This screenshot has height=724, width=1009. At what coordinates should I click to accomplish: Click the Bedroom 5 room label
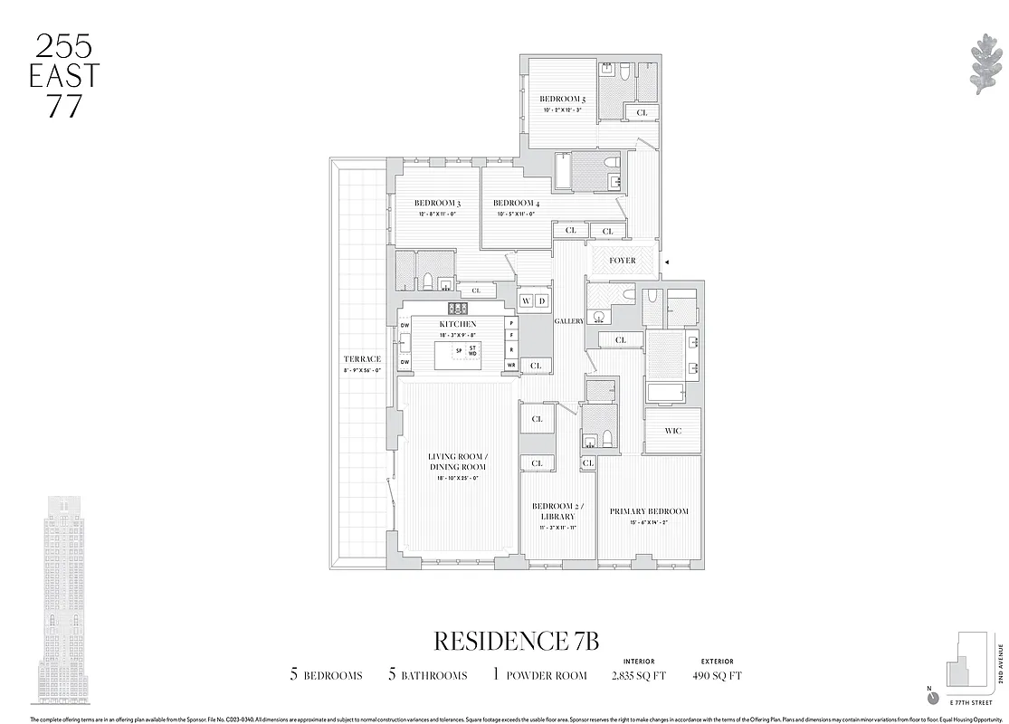pos(562,99)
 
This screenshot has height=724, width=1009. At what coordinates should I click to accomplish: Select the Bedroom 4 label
pos(514,203)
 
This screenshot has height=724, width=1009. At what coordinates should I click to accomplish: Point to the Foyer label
pos(622,261)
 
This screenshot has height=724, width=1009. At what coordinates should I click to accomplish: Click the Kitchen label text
pos(457,324)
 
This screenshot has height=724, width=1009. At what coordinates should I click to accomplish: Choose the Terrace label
pos(362,359)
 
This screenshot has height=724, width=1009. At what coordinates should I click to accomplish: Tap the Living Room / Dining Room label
pos(457,461)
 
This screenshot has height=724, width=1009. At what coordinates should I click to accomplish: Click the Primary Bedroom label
pos(648,511)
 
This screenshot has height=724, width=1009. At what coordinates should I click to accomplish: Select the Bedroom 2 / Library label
pos(558,510)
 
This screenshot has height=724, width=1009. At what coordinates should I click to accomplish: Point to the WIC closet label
pos(672,432)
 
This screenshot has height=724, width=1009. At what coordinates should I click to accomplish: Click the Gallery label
pos(570,321)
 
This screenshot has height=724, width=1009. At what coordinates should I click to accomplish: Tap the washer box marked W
pos(526,300)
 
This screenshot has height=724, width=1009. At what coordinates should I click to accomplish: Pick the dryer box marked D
pos(541,300)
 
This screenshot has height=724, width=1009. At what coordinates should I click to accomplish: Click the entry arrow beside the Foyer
pos(667,262)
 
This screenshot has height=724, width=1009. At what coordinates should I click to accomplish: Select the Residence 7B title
pos(517,641)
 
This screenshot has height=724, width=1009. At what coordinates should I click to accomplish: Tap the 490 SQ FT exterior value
pos(717,675)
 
